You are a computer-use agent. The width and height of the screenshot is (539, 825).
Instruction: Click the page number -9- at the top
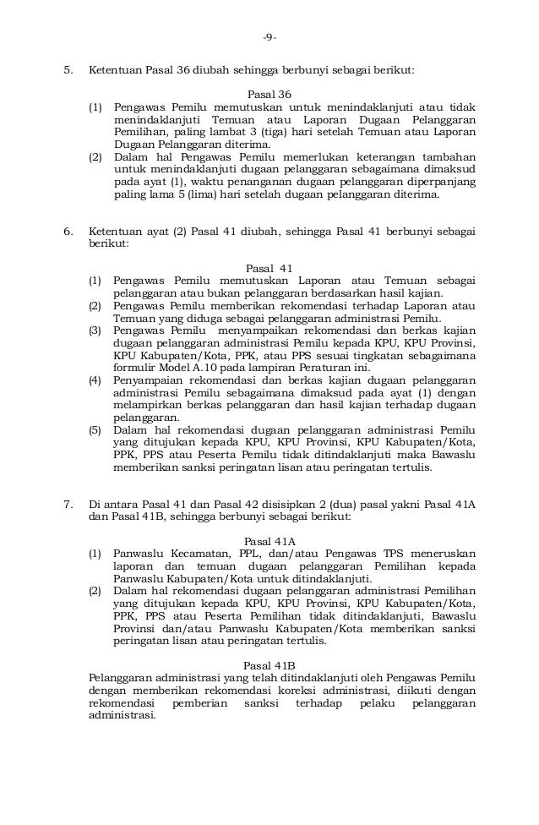pyautogui.click(x=269, y=36)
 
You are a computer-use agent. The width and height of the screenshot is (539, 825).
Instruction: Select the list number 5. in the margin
pyautogui.click(x=70, y=70)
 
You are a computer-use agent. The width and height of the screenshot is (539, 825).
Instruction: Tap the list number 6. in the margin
pyautogui.click(x=70, y=229)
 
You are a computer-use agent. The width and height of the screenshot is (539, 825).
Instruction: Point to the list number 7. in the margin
pyautogui.click(x=70, y=505)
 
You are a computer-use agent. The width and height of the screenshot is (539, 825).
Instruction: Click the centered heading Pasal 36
pyautogui.click(x=269, y=94)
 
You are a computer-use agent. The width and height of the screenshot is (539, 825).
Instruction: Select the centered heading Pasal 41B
pyautogui.click(x=269, y=665)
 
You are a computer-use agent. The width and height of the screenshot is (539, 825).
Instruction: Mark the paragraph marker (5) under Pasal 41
pyautogui.click(x=96, y=430)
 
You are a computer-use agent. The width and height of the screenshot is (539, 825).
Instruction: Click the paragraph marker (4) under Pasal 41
pyautogui.click(x=96, y=381)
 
